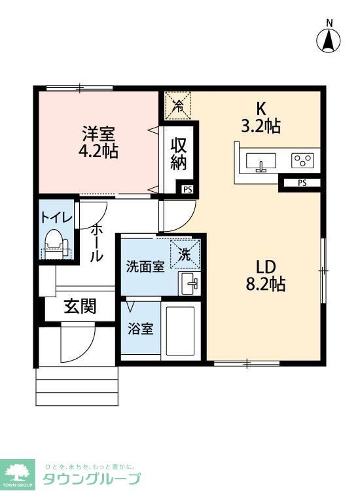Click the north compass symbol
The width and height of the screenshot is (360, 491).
[x=329, y=40]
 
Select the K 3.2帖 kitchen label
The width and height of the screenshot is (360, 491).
[x=261, y=118]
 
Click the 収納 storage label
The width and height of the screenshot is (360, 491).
[x=179, y=154]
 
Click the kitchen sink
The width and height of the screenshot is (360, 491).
[x=262, y=161]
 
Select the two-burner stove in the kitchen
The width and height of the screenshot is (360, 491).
[x=302, y=160]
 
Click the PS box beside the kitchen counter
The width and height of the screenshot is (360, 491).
[x=301, y=183]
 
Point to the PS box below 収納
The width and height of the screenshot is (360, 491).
[x=187, y=189]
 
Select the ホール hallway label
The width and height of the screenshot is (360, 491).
[x=96, y=243]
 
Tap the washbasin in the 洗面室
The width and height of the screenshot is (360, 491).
[x=190, y=283]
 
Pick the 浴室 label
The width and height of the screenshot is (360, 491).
[x=141, y=328]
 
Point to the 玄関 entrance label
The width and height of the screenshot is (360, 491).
[x=80, y=306]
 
